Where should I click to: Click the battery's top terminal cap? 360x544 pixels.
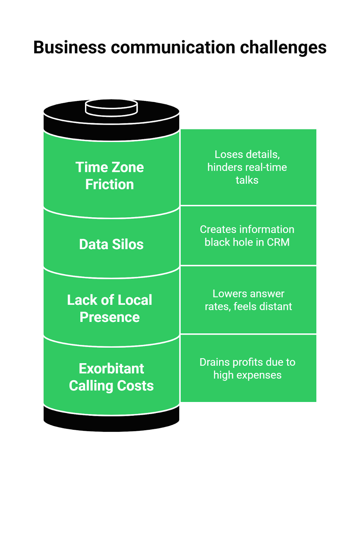(111, 107)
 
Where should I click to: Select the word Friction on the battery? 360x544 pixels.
(109, 185)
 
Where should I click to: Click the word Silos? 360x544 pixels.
(128, 244)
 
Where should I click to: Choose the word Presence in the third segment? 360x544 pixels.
(109, 317)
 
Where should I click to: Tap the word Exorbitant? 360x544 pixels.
(112, 369)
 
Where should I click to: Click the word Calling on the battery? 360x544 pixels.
(91, 386)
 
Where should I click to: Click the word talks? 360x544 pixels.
(247, 180)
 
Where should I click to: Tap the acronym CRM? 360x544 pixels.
(278, 242)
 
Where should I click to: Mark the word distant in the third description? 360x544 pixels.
(276, 307)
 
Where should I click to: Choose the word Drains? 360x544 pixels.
(215, 362)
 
